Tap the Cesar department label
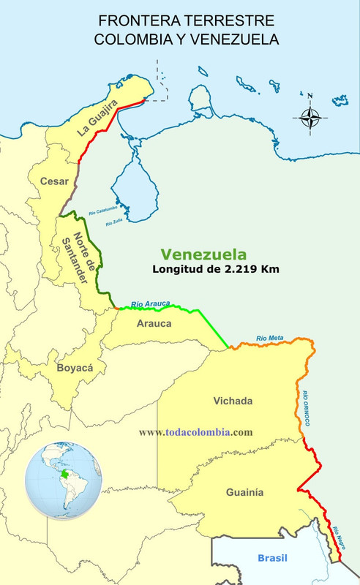(54, 181)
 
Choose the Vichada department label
(233, 401)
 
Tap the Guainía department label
(244, 492)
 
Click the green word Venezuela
(203, 254)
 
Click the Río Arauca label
(151, 303)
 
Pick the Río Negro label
(338, 538)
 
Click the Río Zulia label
(113, 222)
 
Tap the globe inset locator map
(61, 477)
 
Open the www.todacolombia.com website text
(195, 432)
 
